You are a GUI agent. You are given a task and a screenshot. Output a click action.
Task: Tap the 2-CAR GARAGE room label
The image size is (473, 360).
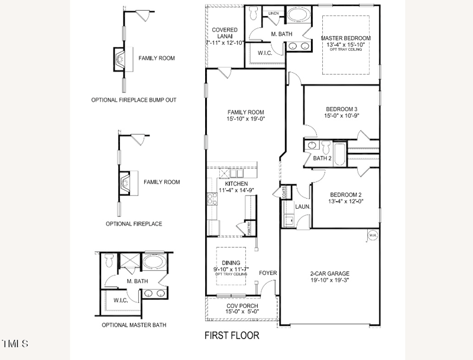[x=330, y=274]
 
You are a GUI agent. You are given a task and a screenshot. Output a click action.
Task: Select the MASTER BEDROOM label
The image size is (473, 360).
[x=346, y=38]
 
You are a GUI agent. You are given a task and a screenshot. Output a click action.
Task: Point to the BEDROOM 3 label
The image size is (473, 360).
[x=341, y=109]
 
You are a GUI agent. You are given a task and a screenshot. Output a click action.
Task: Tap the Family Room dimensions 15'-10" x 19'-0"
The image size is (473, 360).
[x=245, y=119]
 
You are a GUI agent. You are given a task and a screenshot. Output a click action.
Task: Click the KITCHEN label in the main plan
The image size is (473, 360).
[x=236, y=184]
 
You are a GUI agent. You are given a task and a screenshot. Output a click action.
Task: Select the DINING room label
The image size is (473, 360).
[x=231, y=262]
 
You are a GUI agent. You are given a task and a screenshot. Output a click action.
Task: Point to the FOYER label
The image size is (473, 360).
[x=268, y=273]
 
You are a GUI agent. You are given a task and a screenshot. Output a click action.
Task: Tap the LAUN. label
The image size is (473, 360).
[x=303, y=207]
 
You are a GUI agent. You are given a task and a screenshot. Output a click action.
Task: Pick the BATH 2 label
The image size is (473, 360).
[x=322, y=158]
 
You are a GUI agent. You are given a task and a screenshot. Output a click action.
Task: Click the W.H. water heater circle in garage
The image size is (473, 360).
[x=373, y=235]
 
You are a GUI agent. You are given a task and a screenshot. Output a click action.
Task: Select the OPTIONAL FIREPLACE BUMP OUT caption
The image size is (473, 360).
[x=134, y=100]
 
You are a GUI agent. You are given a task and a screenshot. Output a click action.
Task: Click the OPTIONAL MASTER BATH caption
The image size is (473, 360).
[x=134, y=325]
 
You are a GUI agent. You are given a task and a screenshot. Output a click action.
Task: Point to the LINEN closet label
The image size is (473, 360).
[x=273, y=12]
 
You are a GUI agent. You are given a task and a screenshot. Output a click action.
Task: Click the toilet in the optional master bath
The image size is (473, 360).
[x=108, y=259]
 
